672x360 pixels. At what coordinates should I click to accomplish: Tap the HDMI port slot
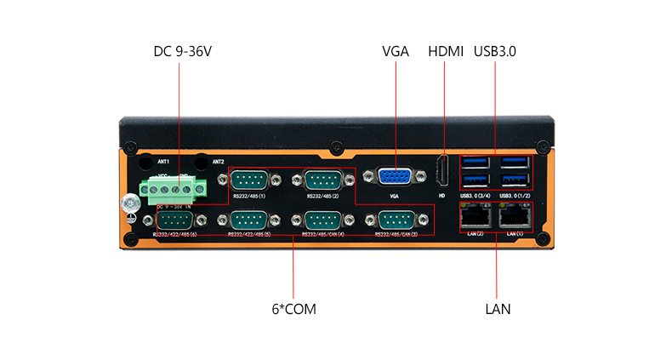click(x=441, y=172)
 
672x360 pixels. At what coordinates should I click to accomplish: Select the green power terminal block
click(x=174, y=188)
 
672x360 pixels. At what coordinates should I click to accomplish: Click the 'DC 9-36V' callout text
click(x=182, y=52)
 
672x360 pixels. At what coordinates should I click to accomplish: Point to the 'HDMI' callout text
click(x=445, y=52)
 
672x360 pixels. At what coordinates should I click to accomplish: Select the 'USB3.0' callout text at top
click(x=495, y=52)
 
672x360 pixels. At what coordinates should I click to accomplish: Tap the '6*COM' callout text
click(x=293, y=309)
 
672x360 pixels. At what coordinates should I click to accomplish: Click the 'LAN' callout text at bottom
click(x=498, y=309)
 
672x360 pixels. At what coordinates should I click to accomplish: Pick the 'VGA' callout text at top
click(x=396, y=52)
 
